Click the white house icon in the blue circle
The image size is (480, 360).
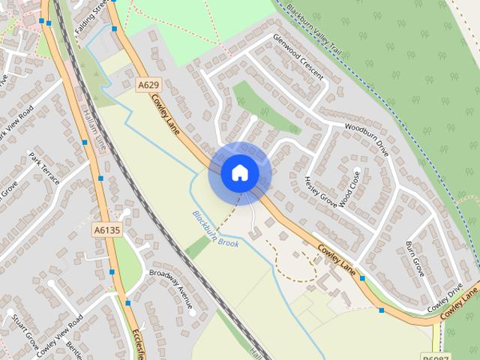(x=239, y=172)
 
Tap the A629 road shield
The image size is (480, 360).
(x=148, y=87)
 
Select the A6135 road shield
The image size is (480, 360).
(x=106, y=229)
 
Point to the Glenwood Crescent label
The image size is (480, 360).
(x=298, y=57)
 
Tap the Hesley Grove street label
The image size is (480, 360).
(x=319, y=194)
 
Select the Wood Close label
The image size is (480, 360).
(x=351, y=187)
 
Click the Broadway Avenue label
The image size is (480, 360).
(x=171, y=288)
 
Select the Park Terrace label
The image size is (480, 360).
(x=43, y=169)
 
